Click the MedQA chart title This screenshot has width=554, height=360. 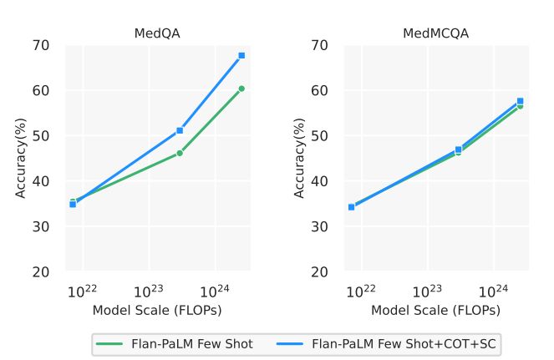(x=157, y=33)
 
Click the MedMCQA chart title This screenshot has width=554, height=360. (x=435, y=33)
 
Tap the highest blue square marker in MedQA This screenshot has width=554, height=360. (x=241, y=55)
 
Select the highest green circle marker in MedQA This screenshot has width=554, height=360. (x=241, y=89)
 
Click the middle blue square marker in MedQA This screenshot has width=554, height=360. (x=180, y=130)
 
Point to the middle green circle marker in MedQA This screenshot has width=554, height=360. (x=180, y=153)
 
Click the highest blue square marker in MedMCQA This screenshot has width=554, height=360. (x=520, y=101)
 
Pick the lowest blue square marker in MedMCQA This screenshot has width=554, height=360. (x=351, y=206)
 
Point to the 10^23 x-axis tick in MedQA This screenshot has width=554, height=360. (x=149, y=290)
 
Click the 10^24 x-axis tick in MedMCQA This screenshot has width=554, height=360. (x=494, y=290)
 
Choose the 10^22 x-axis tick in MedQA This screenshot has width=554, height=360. (x=82, y=290)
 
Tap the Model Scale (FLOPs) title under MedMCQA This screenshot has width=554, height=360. (x=435, y=310)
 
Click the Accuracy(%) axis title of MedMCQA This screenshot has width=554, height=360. (x=300, y=158)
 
